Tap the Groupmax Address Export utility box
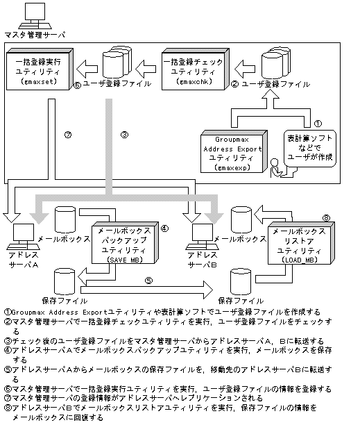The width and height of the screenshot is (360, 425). (234, 151)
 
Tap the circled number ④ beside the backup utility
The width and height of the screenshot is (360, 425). (164, 227)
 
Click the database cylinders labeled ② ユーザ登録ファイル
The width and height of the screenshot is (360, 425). (275, 65)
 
